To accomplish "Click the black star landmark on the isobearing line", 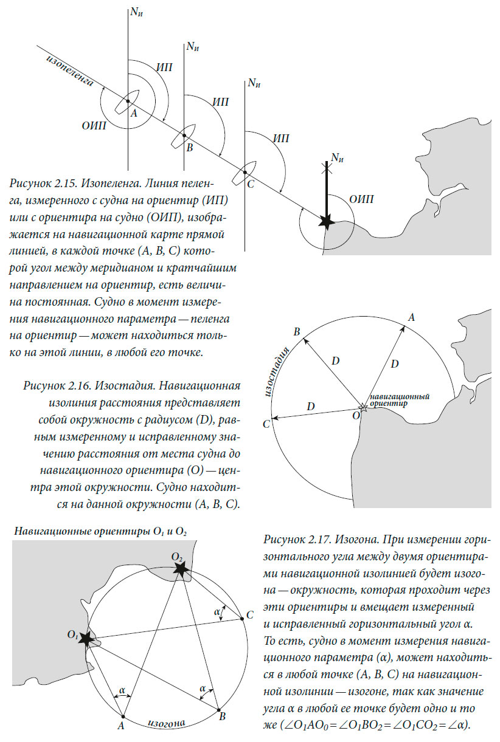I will pyautogui.click(x=327, y=222).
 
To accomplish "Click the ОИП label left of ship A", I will pyautogui.click(x=94, y=126).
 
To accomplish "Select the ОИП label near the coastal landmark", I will pyautogui.click(x=362, y=199).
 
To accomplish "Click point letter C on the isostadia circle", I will pyautogui.click(x=266, y=424).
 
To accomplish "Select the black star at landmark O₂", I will pyautogui.click(x=180, y=569).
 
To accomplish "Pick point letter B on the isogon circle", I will pyautogui.click(x=223, y=716).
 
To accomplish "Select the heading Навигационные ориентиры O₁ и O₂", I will pyautogui.click(x=100, y=531).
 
